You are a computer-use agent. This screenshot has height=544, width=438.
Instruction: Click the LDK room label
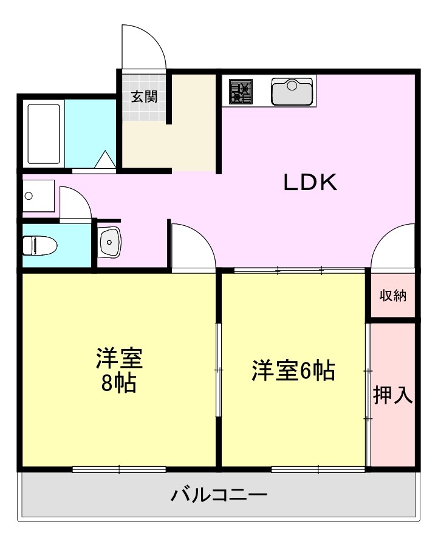click(x=310, y=183)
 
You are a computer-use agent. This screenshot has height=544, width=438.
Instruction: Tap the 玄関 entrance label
click(x=145, y=96)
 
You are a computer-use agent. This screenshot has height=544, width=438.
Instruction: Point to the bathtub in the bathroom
click(x=44, y=133)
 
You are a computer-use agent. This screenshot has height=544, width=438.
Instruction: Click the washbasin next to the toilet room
click(x=109, y=242)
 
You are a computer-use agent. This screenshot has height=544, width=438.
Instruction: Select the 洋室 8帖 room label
click(x=118, y=371)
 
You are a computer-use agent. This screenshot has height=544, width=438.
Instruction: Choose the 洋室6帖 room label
click(x=293, y=370)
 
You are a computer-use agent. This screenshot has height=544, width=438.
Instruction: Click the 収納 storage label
click(x=393, y=296)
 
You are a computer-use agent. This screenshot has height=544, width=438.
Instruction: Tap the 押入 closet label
click(x=392, y=395)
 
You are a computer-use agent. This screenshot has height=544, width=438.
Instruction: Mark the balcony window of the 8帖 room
click(x=119, y=469)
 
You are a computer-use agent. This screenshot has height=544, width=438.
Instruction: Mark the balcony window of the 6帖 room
click(x=318, y=469)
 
